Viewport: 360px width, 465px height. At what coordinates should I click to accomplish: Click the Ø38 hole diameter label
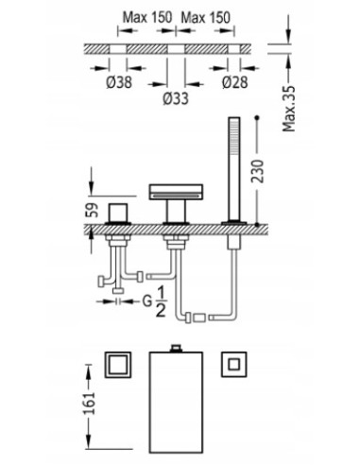(119, 82)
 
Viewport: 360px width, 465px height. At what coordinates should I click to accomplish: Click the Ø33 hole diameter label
(176, 98)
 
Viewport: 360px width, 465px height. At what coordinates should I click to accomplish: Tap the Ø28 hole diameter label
(235, 82)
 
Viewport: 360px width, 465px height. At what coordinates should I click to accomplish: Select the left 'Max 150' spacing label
(147, 17)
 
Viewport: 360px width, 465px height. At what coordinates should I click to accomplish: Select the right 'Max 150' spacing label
(205, 17)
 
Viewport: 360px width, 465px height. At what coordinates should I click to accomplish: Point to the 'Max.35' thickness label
(289, 109)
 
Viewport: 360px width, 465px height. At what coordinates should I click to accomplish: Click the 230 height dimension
(257, 171)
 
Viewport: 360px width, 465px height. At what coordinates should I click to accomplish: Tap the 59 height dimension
(92, 210)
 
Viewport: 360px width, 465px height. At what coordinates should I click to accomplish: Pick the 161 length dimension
(89, 403)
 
